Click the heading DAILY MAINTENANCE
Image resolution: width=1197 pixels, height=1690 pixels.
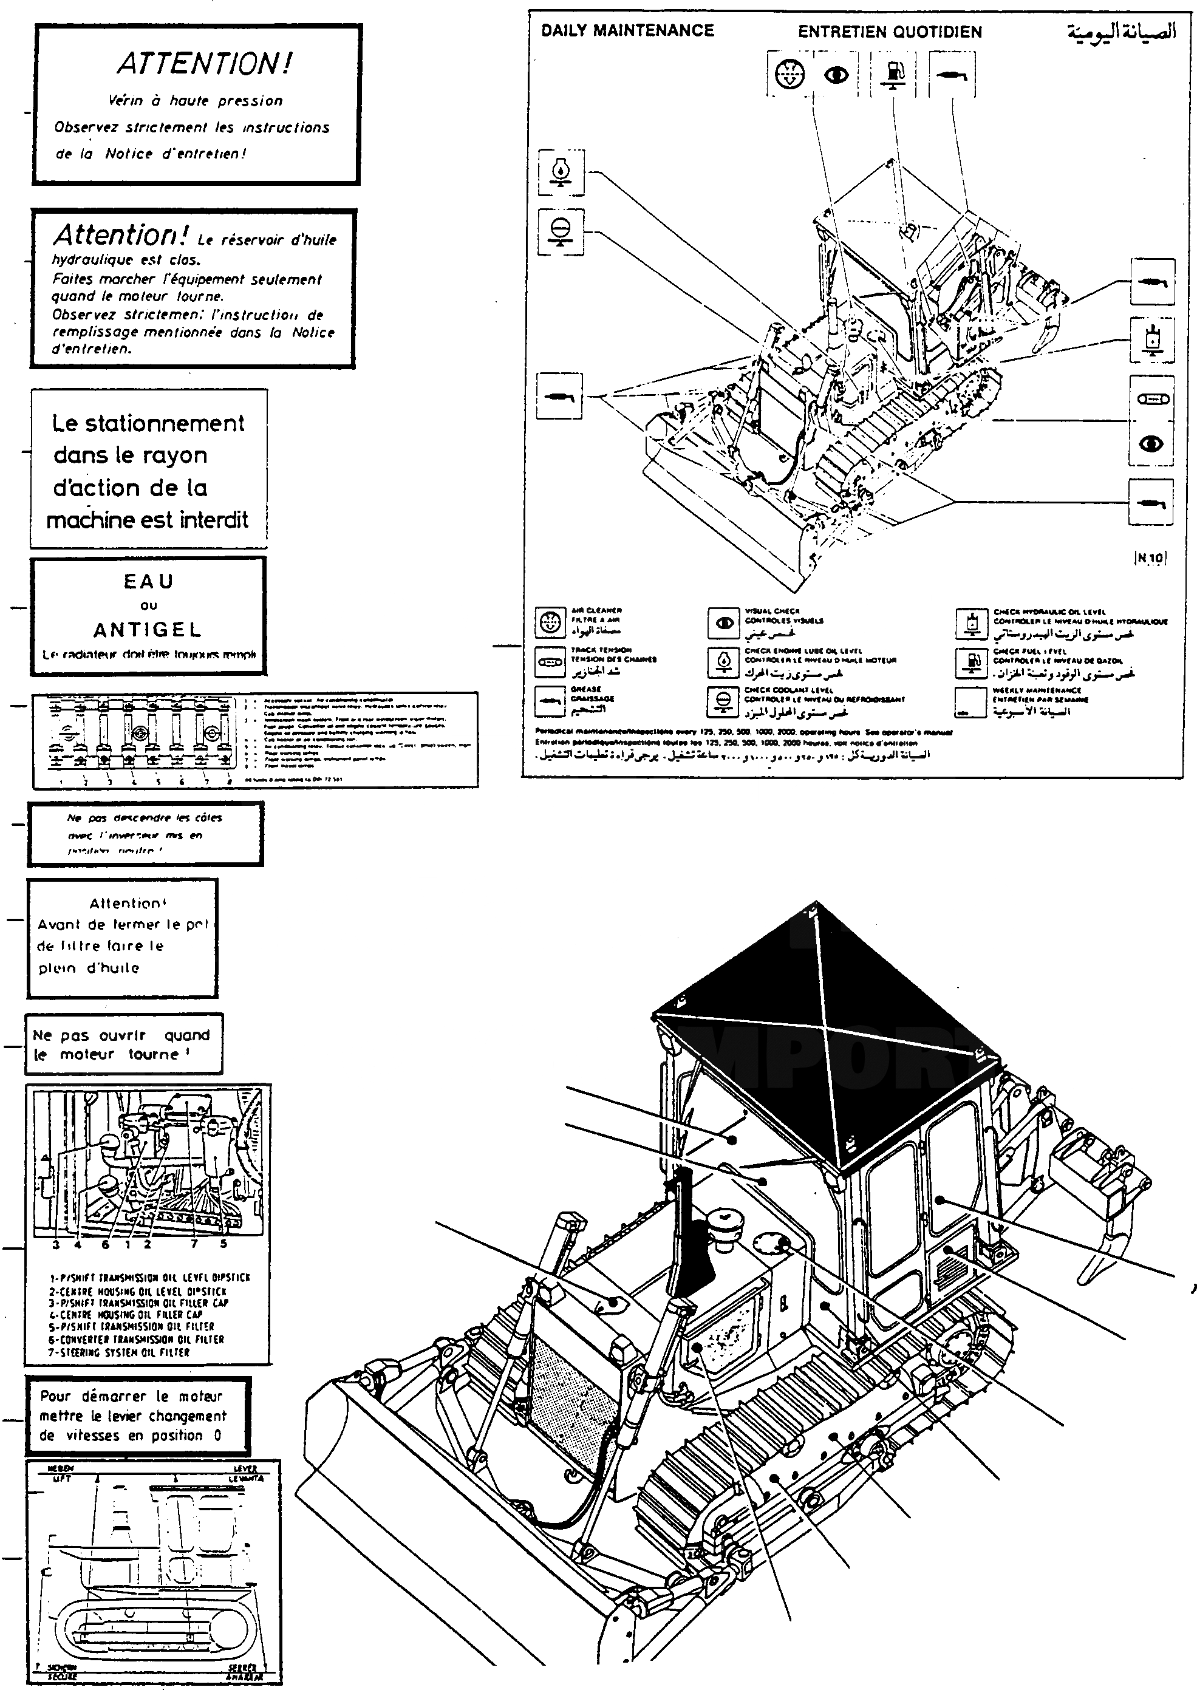pos(627,31)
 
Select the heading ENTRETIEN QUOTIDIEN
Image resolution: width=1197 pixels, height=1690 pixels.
pos(890,32)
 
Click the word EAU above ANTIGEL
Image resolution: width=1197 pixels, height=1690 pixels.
pos(148,582)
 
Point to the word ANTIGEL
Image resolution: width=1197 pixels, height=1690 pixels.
pos(148,630)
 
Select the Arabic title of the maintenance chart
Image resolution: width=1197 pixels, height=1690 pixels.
pos(1121,32)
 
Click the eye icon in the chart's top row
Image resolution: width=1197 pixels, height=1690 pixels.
pos(836,75)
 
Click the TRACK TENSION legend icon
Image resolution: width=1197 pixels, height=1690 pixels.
pos(549,662)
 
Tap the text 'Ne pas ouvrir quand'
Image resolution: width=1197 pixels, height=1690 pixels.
pos(121,1035)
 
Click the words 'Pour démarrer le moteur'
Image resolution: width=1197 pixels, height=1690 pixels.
pos(131,1396)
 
